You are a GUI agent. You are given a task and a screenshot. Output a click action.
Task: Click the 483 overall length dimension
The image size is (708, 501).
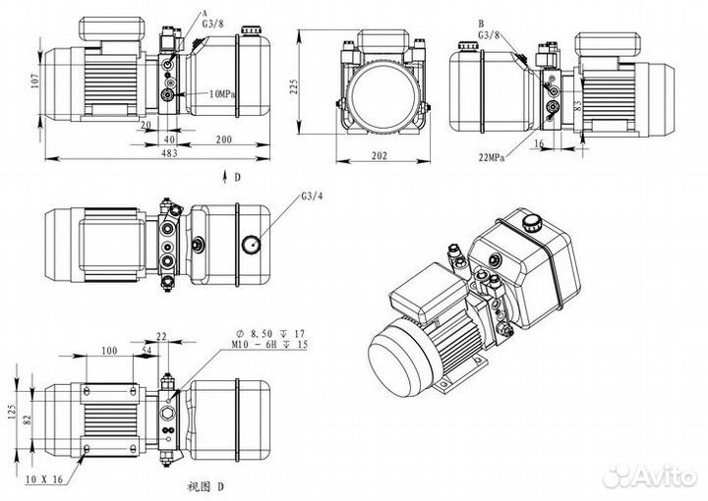tap(169, 153)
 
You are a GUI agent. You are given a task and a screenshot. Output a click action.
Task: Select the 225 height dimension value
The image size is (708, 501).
tap(293, 86)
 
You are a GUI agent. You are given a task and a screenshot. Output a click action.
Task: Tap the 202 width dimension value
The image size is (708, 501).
tap(380, 156)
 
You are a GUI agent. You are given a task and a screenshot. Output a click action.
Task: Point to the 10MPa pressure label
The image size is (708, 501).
tap(222, 94)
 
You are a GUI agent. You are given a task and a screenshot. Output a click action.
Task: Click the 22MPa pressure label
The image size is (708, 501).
tap(492, 157)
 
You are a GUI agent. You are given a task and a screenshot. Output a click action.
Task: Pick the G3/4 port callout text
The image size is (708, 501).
tap(312, 196)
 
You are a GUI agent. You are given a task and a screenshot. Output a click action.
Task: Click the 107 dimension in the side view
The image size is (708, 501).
tap(35, 81)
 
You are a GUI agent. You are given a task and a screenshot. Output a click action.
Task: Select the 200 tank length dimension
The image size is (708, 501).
tap(223, 139)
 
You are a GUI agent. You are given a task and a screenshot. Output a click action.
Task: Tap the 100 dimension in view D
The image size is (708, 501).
tap(109, 351)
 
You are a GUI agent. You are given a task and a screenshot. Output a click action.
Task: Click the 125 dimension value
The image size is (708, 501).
tap(12, 412)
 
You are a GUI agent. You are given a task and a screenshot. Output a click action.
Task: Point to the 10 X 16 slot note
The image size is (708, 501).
tap(44, 479)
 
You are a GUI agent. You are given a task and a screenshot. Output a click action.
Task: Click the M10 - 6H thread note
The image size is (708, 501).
tap(269, 344)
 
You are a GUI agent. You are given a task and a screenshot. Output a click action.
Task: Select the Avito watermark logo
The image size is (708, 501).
tap(650, 475)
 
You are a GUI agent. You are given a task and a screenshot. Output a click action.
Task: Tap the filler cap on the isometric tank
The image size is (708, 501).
tap(531, 223)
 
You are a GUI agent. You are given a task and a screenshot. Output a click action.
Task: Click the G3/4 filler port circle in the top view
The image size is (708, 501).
tap(251, 244)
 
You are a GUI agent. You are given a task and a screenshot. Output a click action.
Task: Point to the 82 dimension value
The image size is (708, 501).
tap(28, 420)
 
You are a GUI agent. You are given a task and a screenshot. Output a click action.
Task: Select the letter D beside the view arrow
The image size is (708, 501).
tap(237, 177)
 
